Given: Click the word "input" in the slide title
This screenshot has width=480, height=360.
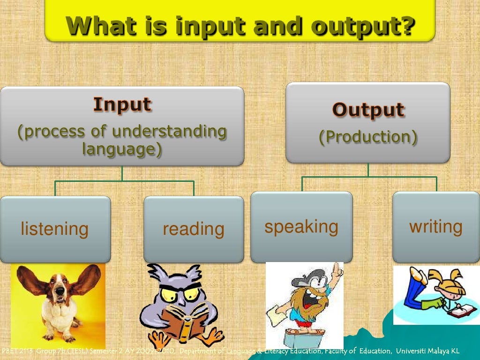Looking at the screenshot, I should click(x=211, y=27).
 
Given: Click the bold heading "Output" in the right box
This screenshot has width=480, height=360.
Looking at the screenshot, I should click(x=368, y=109).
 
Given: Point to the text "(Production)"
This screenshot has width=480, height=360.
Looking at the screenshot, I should click(x=368, y=137).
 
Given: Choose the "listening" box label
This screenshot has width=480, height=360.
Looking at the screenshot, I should click(x=55, y=229).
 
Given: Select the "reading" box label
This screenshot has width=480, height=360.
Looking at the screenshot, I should click(x=194, y=229).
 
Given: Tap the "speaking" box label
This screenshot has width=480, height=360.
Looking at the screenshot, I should click(x=301, y=226).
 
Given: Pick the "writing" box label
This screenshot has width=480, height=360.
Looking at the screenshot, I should click(x=436, y=226).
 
